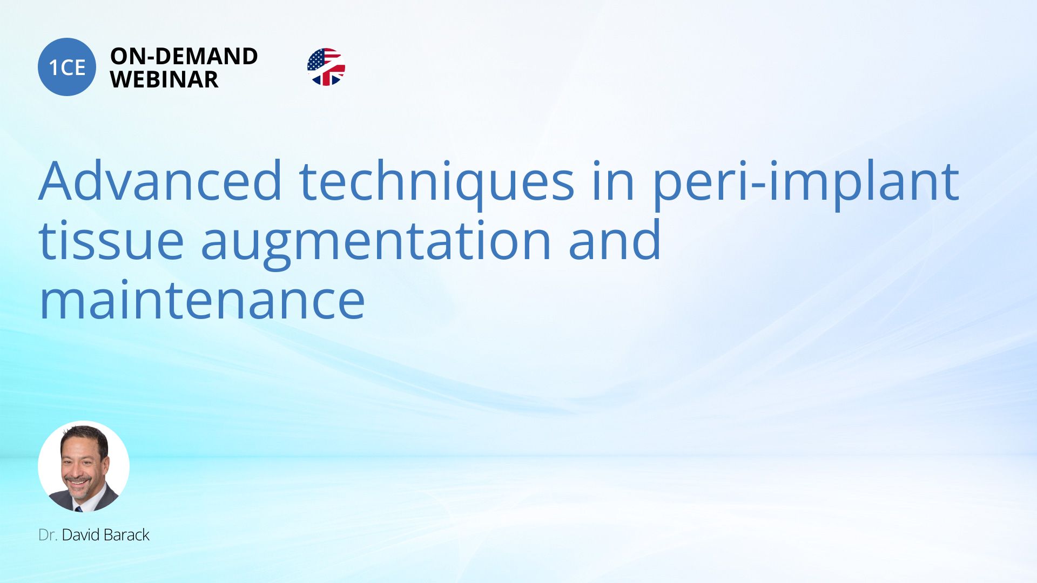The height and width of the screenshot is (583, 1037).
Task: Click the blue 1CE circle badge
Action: [x=67, y=67]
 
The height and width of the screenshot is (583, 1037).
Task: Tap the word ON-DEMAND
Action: [x=184, y=56]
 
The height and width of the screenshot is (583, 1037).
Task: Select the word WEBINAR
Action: [x=164, y=79]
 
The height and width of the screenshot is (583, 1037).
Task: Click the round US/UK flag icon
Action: [x=326, y=67]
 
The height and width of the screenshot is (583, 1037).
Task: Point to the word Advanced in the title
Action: [x=160, y=181]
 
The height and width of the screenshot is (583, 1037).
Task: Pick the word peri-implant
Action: [x=806, y=184]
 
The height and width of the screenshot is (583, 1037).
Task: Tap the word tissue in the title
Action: [x=111, y=240]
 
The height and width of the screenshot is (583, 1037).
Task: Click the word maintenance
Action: [x=202, y=300]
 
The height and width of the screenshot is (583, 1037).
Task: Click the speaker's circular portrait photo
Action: [x=84, y=466]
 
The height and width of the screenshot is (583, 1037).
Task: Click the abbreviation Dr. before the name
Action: [x=48, y=535]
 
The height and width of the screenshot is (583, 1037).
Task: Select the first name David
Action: [x=80, y=535]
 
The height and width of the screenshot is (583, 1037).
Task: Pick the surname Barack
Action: [x=125, y=535]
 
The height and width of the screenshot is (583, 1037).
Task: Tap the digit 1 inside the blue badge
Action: [x=53, y=67]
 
